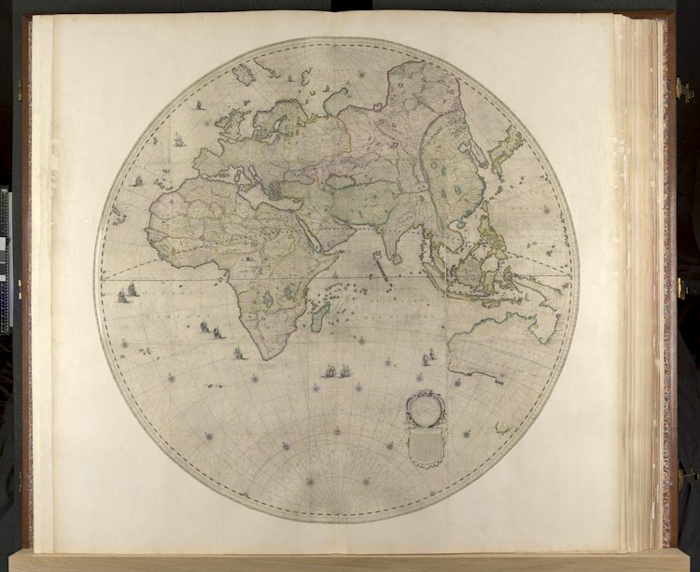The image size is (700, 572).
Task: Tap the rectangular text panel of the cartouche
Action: tap(426, 445)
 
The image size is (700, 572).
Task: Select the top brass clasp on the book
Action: tap(683, 91)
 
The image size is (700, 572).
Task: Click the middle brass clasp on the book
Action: tap(683, 288)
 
